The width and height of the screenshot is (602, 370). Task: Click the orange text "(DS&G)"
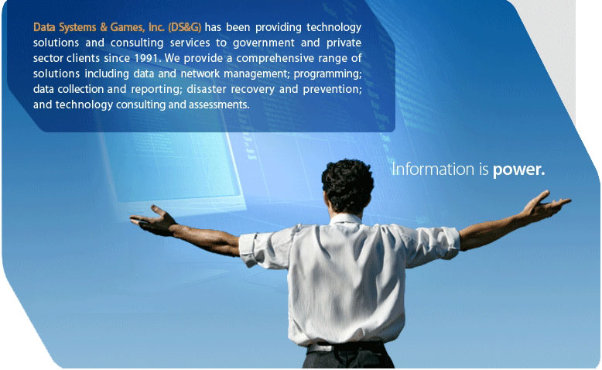point(184,28)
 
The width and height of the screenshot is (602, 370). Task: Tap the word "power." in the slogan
point(518,170)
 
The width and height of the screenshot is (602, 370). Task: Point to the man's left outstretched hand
point(153,219)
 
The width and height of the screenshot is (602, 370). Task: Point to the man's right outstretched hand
point(545,206)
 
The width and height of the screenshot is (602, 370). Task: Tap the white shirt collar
point(346,219)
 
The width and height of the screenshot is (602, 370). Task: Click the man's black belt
point(347,348)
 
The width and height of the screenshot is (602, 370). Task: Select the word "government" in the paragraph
point(265,43)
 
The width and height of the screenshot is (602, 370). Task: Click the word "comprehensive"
point(275,58)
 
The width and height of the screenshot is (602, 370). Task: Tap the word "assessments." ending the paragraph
point(219,104)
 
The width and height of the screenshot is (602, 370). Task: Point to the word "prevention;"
point(333,89)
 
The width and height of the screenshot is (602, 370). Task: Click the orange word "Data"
point(44,27)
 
